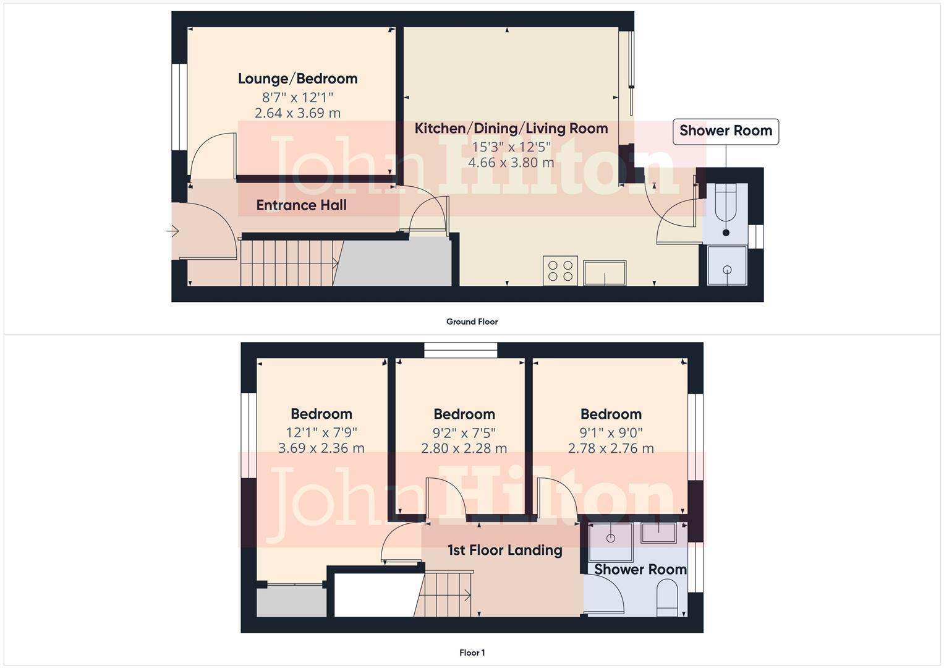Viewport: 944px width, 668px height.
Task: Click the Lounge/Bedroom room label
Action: (297, 79)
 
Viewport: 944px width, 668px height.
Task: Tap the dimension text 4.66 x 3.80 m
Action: (511, 163)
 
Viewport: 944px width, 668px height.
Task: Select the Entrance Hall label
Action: (301, 205)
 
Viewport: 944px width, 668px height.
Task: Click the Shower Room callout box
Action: (725, 131)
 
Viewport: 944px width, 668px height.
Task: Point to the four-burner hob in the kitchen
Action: (560, 271)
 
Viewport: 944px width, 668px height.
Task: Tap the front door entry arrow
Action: (172, 231)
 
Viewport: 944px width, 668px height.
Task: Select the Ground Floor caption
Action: (472, 322)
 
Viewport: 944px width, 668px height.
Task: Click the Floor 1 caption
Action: (472, 653)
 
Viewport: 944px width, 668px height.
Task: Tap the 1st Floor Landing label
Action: (504, 550)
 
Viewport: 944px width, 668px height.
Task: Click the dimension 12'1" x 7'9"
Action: (321, 432)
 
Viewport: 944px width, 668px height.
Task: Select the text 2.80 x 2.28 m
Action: (464, 448)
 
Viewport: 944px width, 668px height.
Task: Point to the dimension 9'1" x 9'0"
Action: (611, 432)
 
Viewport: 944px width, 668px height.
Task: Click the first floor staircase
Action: (446, 594)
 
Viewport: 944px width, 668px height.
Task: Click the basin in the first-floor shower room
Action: (658, 533)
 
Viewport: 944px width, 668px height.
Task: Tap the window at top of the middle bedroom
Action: (461, 350)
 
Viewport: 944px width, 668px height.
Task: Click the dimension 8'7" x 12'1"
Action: (297, 97)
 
